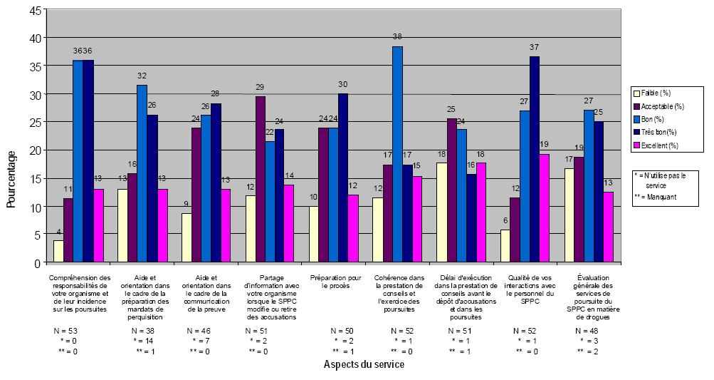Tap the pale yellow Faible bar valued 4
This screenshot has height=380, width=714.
click(x=58, y=252)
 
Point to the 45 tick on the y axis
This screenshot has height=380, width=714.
click(x=36, y=9)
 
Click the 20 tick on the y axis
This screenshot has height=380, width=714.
click(x=36, y=150)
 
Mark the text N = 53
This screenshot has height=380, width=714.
click(x=66, y=331)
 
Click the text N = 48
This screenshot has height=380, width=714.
click(x=590, y=331)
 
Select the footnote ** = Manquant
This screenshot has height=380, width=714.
click(x=656, y=195)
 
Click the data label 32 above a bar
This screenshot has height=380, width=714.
click(x=142, y=76)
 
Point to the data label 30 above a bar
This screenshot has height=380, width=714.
click(x=343, y=84)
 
